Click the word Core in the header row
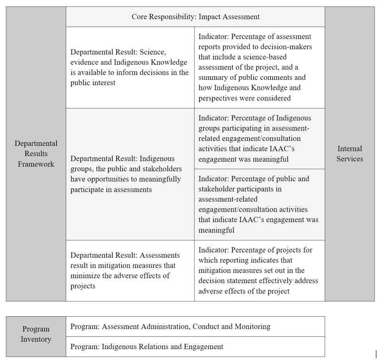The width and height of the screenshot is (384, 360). click(x=140, y=17)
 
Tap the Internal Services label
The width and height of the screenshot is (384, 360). click(x=349, y=154)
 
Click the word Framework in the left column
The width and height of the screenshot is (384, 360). click(x=36, y=164)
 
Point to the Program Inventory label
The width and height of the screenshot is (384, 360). click(x=36, y=334)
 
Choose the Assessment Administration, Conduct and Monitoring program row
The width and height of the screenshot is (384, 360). click(x=170, y=327)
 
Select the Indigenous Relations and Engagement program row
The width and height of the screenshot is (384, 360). click(x=147, y=347)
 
